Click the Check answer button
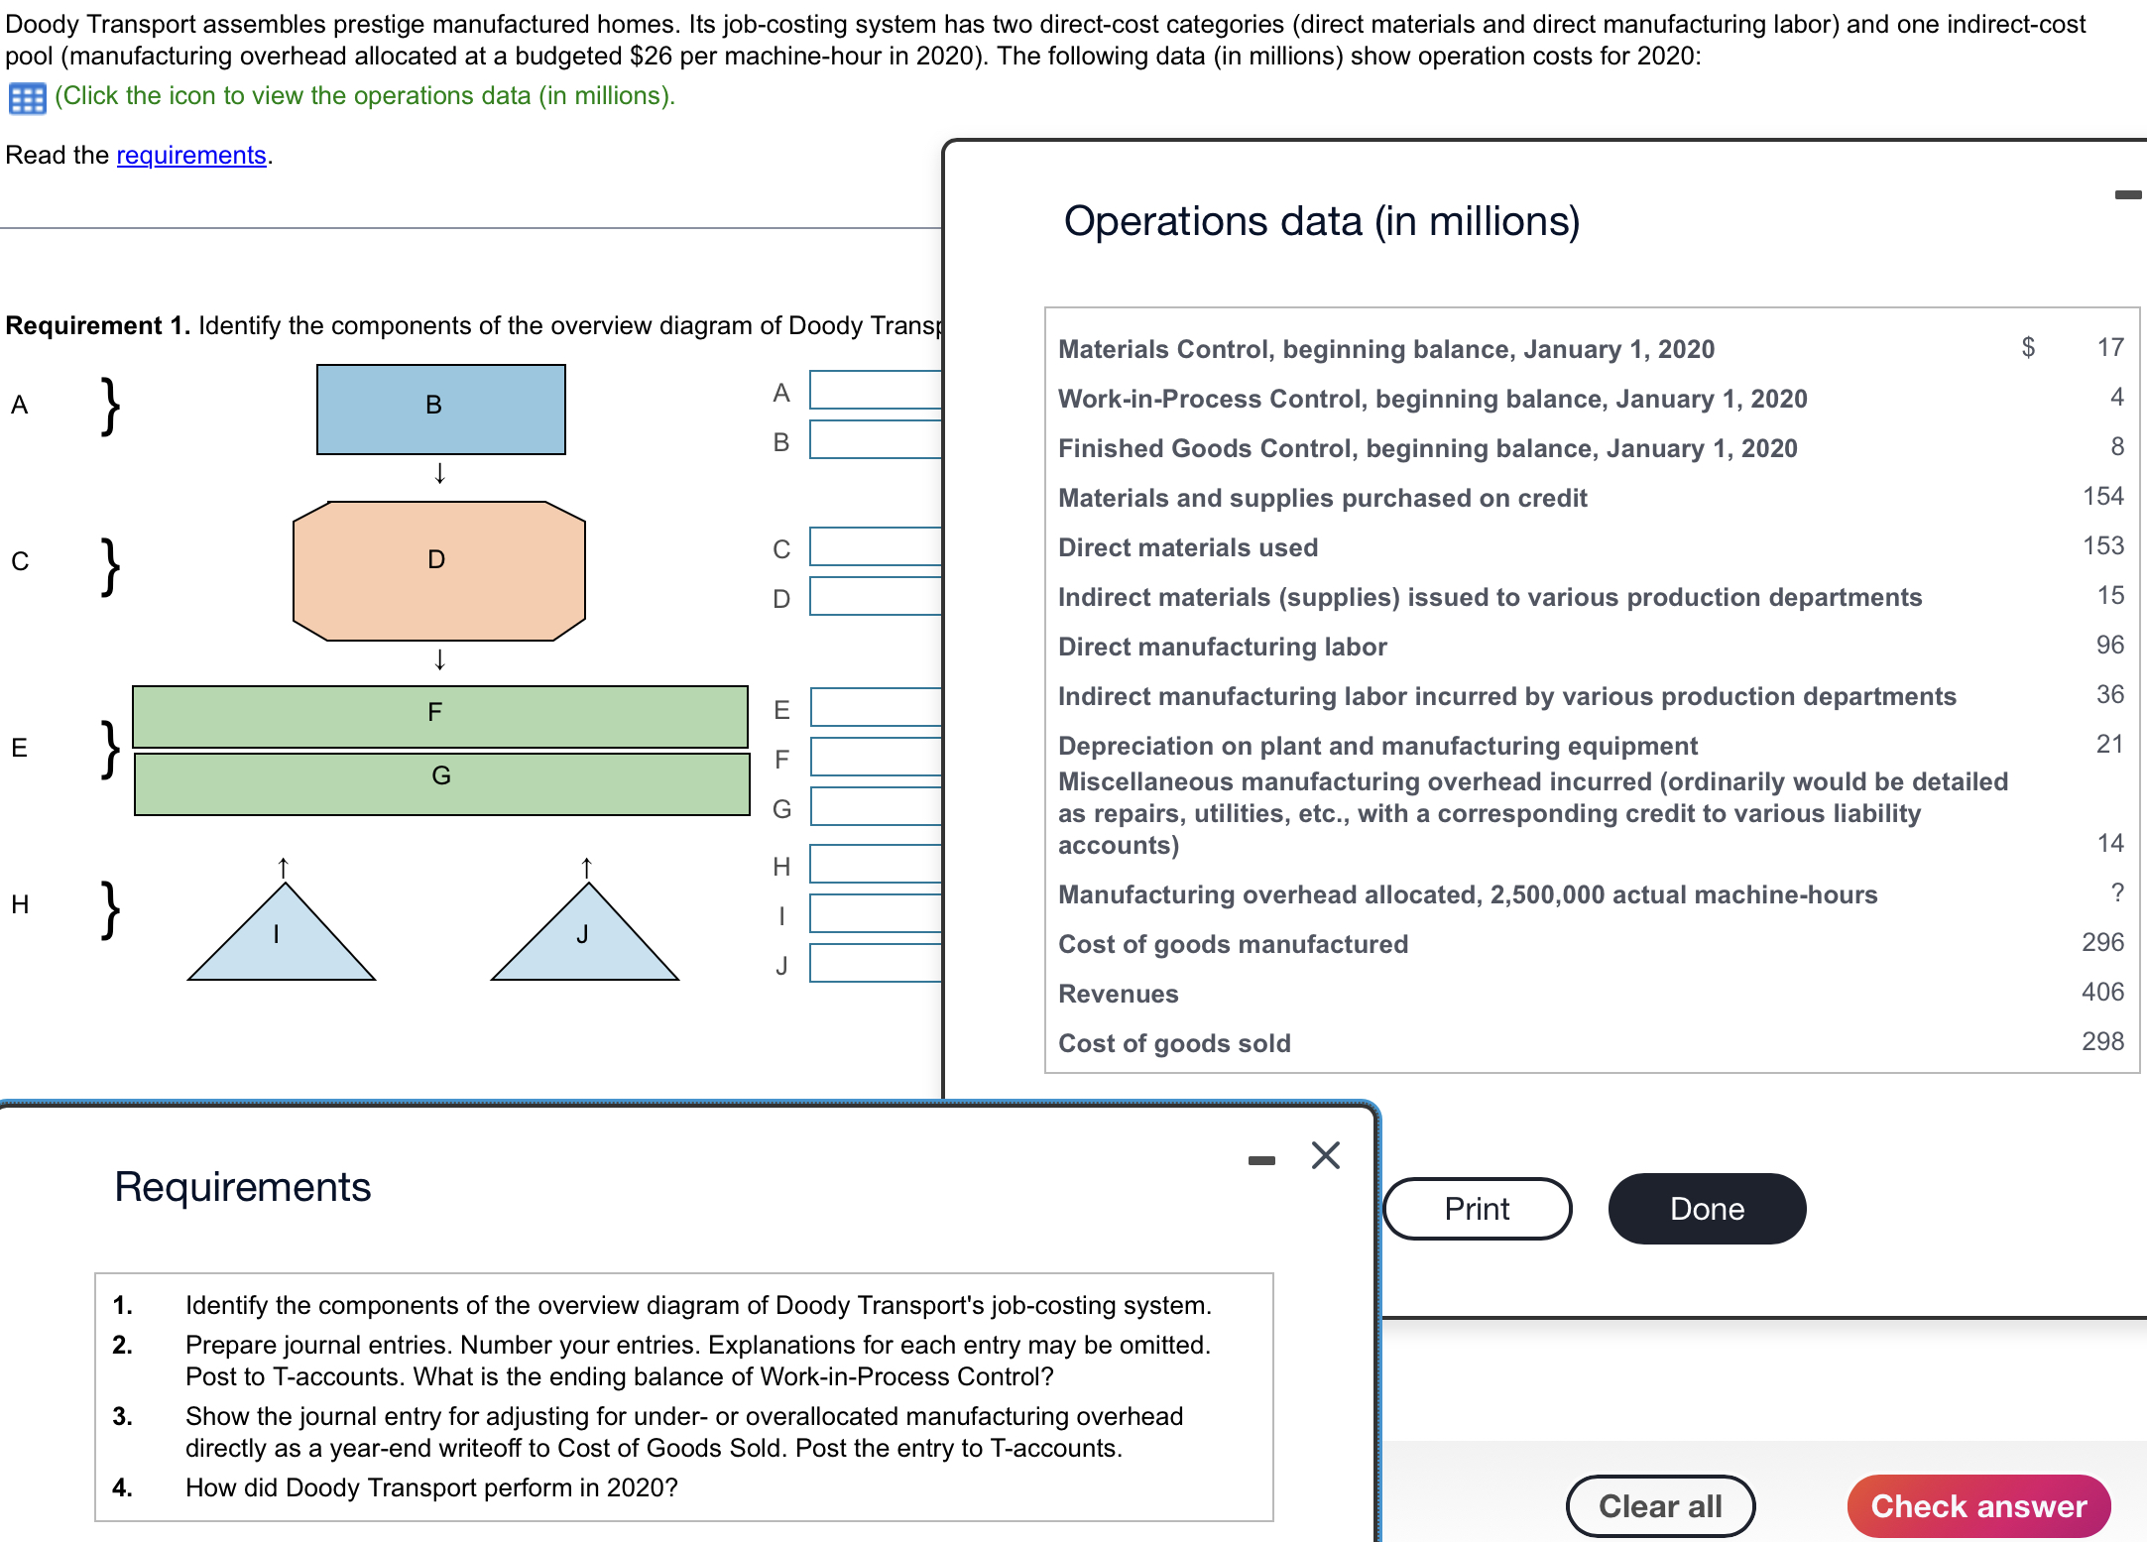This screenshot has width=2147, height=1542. click(1977, 1505)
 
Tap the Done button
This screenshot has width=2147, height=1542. click(1706, 1208)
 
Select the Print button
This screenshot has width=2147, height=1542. click(1477, 1208)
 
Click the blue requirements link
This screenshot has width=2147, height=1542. click(191, 155)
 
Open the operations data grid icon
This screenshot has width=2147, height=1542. click(27, 98)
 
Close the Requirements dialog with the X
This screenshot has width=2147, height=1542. click(1325, 1155)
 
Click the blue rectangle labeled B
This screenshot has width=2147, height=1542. click(440, 409)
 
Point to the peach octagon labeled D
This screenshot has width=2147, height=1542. click(438, 570)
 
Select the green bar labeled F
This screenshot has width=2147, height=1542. click(439, 715)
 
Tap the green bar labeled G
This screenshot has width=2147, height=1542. click(441, 783)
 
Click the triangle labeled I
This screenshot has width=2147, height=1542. click(282, 940)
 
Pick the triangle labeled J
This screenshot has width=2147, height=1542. click(584, 940)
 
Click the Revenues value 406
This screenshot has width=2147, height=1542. click(2101, 992)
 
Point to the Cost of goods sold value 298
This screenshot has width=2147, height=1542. click(2101, 1041)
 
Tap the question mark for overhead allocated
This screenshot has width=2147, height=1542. click(2117, 892)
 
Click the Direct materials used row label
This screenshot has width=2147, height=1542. click(1187, 547)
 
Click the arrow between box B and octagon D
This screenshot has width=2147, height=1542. click(439, 474)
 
